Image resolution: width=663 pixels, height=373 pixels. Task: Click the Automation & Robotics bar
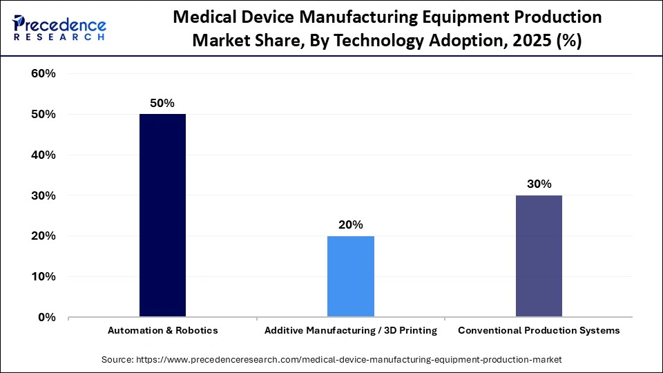click(162, 216)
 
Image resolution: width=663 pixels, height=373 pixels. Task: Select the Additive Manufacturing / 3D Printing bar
click(351, 276)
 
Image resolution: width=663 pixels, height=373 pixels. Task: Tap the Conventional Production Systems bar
click(539, 256)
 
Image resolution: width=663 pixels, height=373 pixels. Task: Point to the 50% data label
click(162, 102)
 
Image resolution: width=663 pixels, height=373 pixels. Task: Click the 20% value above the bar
click(351, 224)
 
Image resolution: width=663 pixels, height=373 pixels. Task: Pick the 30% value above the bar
click(539, 184)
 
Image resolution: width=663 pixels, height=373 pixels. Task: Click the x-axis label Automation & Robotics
click(162, 331)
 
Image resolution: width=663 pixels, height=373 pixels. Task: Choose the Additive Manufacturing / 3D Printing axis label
click(351, 331)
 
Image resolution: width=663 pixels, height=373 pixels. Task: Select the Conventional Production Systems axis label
click(539, 331)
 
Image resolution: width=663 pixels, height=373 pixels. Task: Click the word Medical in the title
click(207, 17)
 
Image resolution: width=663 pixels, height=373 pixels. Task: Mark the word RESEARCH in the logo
click(59, 37)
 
